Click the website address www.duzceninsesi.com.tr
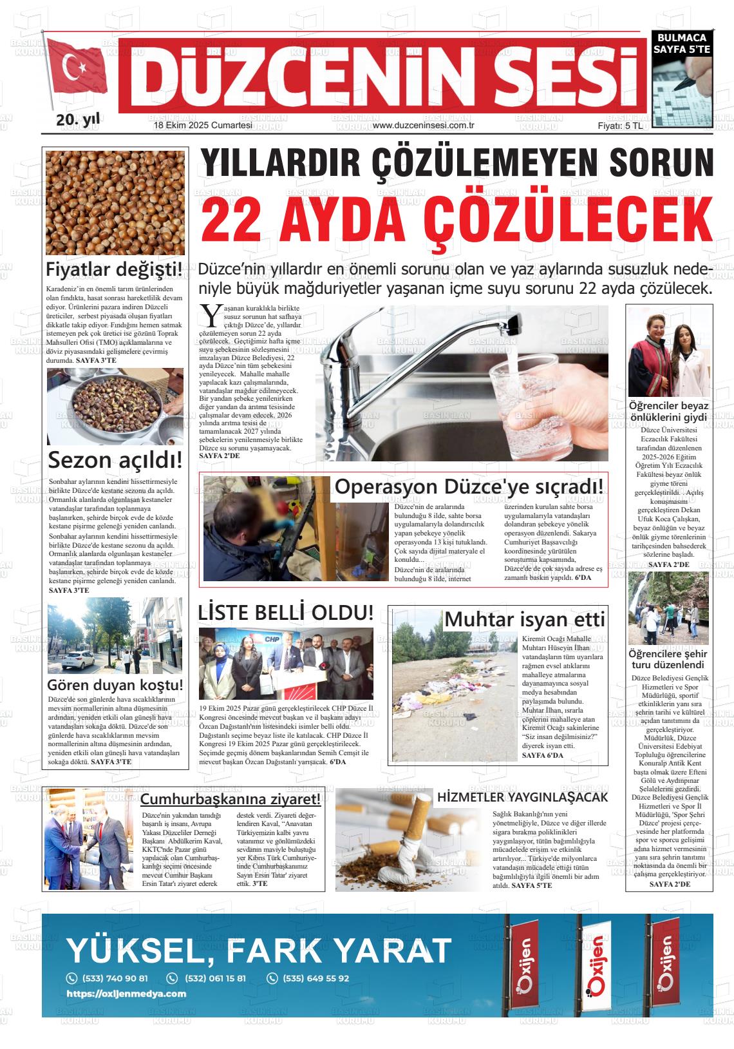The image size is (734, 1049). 424,126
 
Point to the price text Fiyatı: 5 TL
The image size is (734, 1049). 620,126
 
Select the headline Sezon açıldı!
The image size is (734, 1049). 115,460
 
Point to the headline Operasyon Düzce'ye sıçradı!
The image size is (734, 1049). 469,486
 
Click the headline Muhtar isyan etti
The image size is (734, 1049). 525,619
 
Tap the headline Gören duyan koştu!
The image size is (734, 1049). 115,684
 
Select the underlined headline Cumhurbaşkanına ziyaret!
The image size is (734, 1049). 231,800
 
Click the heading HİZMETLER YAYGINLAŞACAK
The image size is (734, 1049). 522,797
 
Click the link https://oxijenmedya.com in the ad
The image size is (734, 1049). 126,994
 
